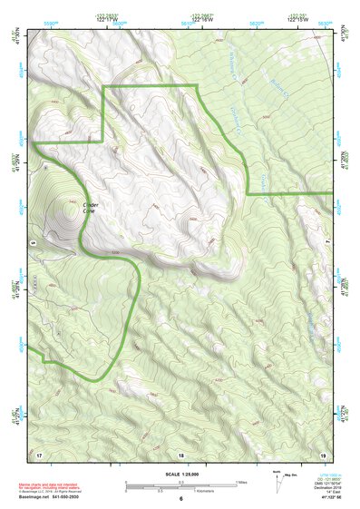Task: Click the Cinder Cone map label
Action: [92, 209]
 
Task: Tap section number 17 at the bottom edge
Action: [40, 453]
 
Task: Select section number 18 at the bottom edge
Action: [180, 453]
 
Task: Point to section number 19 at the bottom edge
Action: [321, 453]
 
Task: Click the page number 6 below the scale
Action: [180, 498]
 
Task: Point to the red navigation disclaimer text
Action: [50, 485]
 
